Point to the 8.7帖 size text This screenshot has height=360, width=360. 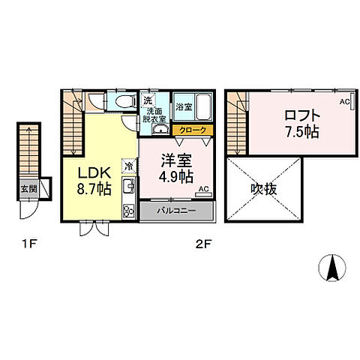click(x=95, y=188)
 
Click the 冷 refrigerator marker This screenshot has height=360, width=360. click(x=129, y=166)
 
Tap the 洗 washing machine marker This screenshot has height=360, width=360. click(x=148, y=100)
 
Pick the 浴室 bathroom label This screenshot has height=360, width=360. click(x=184, y=106)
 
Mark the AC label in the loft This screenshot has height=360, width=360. click(x=345, y=101)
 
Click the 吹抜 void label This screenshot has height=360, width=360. click(x=263, y=188)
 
